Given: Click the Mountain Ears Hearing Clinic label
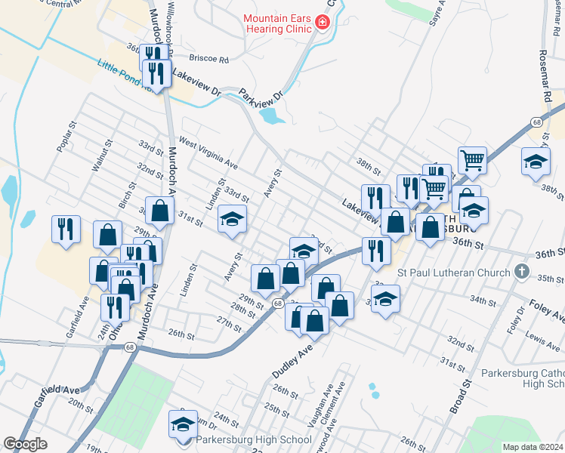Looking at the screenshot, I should pyautogui.click(x=277, y=23).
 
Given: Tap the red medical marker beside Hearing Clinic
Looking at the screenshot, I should pyautogui.click(x=323, y=23).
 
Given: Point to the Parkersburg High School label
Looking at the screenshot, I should pyautogui.click(x=253, y=440).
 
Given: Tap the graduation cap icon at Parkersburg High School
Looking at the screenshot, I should pyautogui.click(x=183, y=426).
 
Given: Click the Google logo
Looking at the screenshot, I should pyautogui.click(x=26, y=444).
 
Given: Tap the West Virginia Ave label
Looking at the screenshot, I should pyautogui.click(x=208, y=155).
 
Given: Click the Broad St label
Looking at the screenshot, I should pyautogui.click(x=460, y=396).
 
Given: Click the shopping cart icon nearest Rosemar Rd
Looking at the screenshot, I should pyautogui.click(x=472, y=159).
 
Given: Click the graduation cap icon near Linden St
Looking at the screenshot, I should pyautogui.click(x=233, y=220).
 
